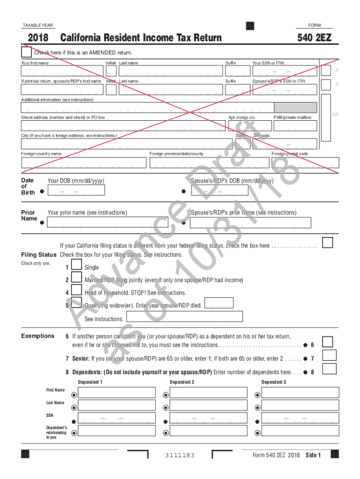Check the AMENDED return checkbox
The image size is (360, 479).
click(27, 51)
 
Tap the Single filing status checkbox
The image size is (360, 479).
click(77, 267)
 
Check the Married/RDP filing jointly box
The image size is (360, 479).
click(77, 279)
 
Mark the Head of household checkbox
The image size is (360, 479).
click(77, 292)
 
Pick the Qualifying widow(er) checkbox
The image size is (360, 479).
click(77, 304)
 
